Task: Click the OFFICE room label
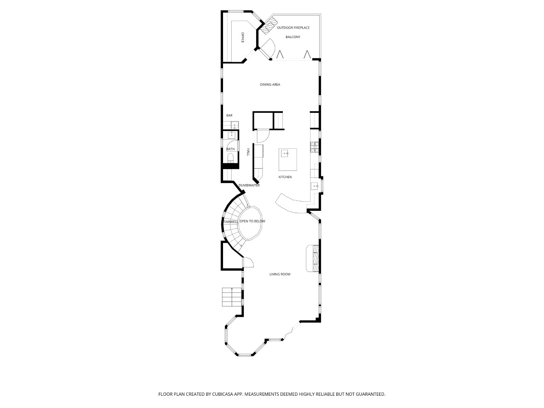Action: point(243,38)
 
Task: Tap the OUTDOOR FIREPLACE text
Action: point(293,28)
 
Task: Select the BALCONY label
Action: point(293,37)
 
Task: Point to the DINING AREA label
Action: point(270,84)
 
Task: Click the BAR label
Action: point(229,116)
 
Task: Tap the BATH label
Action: point(230,149)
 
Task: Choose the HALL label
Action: point(248,151)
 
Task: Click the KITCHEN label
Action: point(285,177)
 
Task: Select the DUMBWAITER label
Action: point(249,185)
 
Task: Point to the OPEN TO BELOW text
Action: point(253,221)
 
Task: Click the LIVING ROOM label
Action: point(280,274)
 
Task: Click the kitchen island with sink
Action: point(287,160)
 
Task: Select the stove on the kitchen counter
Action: point(314,147)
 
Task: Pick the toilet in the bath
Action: point(231,158)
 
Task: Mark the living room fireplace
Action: point(313,258)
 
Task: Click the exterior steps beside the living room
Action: point(232,297)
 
